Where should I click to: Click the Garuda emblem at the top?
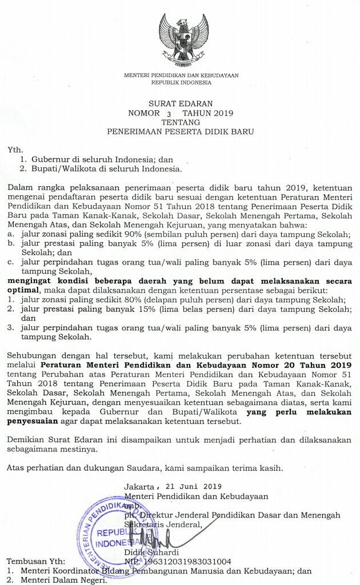(x=183, y=41)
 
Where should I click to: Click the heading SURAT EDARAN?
(x=180, y=103)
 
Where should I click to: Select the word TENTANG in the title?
(x=181, y=122)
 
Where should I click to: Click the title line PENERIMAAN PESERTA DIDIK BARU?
(x=180, y=131)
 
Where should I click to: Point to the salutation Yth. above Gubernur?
(x=14, y=150)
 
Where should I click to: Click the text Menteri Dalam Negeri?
(x=63, y=580)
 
